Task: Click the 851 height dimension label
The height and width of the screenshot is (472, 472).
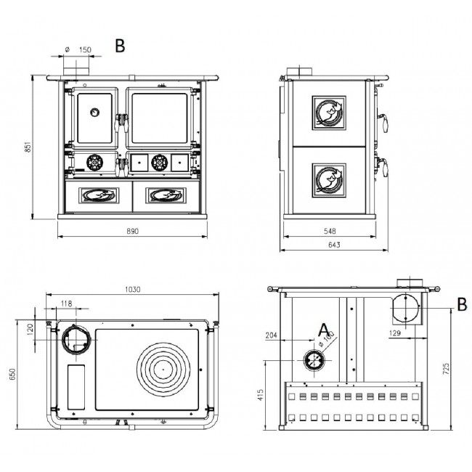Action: pos(28,147)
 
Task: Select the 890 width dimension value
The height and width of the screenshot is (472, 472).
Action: pos(132,231)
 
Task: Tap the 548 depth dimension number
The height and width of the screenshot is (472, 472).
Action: pos(330,231)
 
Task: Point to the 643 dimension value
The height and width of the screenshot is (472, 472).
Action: pos(334,245)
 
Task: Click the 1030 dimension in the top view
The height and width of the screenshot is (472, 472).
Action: pos(133,290)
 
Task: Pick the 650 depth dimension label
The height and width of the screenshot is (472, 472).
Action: pos(12,373)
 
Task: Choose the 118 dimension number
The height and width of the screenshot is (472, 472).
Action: pos(66,304)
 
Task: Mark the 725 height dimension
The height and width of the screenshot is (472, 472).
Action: pos(447,369)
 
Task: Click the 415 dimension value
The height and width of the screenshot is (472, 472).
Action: pos(261,395)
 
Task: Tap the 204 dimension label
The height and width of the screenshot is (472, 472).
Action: pos(272,335)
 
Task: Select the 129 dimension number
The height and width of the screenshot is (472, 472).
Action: pos(394,333)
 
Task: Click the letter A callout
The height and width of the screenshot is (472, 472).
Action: pos(324,330)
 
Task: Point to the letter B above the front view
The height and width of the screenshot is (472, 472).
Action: pos(120,46)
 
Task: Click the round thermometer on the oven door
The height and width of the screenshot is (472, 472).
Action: pos(95,113)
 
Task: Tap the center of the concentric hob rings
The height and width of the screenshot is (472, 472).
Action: pos(163,369)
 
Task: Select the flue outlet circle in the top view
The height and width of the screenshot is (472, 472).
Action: pos(76,340)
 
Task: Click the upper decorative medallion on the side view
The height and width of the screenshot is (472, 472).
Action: pos(329,113)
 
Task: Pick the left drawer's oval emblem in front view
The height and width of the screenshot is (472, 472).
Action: pos(99,195)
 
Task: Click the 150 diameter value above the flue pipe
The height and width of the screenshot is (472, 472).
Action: pos(85,49)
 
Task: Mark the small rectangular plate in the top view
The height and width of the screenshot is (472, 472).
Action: pos(76,387)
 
